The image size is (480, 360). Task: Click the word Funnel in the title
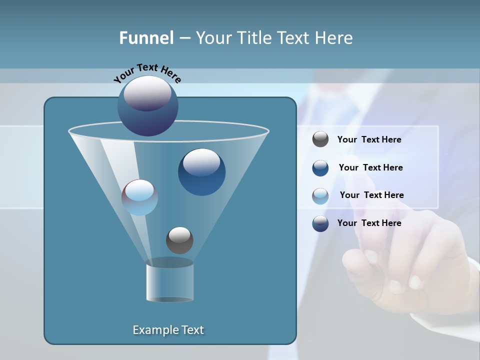146,38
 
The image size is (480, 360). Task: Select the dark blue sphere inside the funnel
201,172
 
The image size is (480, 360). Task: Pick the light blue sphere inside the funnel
140,197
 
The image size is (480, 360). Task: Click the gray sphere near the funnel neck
179,240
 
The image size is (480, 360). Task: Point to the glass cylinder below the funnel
170,282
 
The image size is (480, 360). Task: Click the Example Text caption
168,330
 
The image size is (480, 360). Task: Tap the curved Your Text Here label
147,73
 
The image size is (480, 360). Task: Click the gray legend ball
320,139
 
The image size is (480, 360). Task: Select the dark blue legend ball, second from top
320,168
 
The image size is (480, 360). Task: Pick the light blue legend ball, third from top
320,196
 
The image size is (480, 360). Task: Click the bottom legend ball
320,223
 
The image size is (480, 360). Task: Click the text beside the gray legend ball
369,139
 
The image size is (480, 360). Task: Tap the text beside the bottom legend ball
369,223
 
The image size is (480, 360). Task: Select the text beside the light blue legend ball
371,195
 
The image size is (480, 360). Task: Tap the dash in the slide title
184,38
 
